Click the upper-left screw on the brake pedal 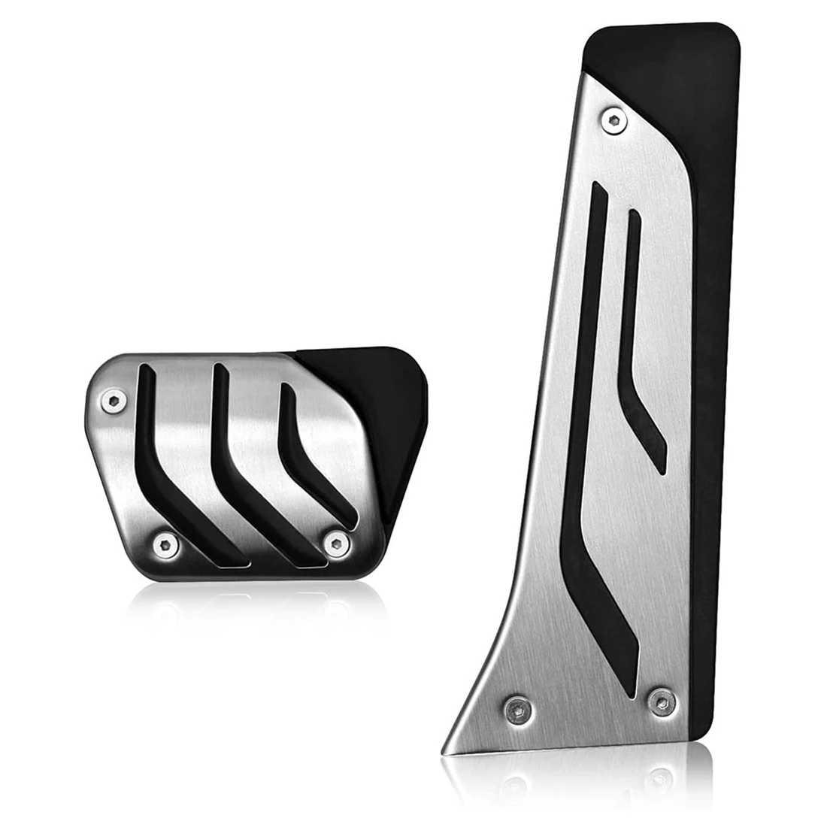113,402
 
